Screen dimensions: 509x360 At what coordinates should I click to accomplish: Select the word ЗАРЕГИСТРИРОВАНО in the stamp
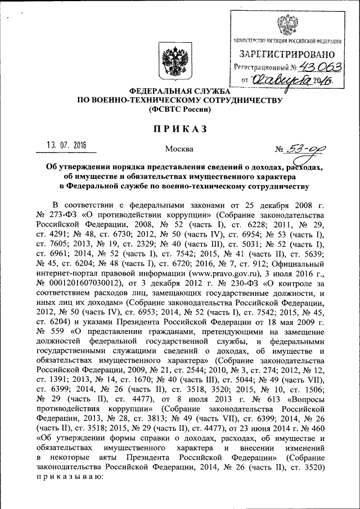coord(287,55)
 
